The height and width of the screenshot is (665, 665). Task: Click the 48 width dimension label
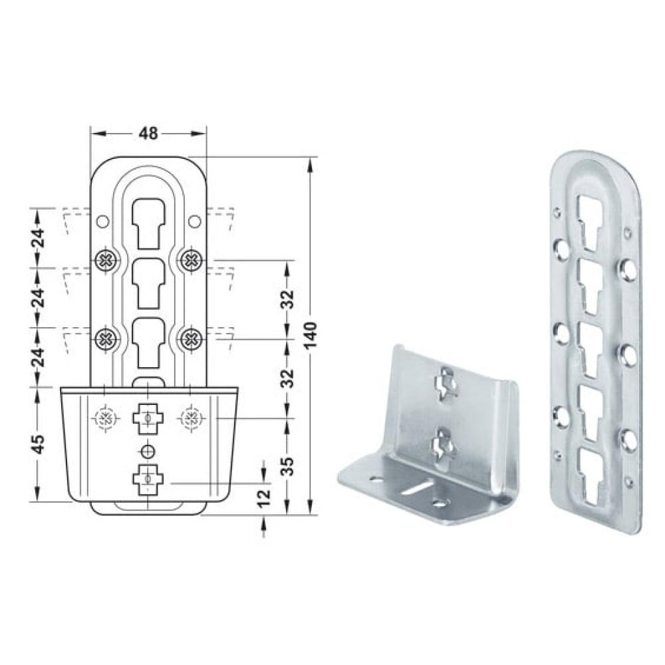click(148, 134)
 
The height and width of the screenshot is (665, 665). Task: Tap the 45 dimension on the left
click(39, 444)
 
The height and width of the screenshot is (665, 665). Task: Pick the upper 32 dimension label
click(288, 299)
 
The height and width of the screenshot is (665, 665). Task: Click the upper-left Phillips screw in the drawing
click(105, 259)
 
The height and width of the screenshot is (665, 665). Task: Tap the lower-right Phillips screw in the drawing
click(191, 339)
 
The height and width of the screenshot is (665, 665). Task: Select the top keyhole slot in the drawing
click(148, 223)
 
